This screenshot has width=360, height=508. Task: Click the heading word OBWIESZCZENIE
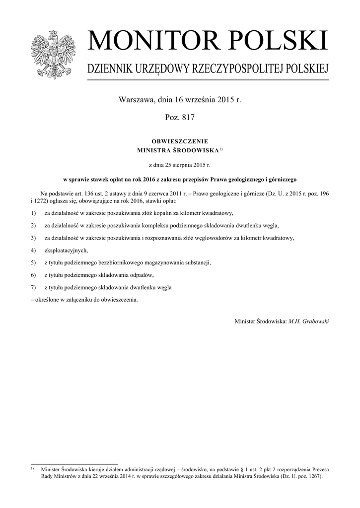[179, 141]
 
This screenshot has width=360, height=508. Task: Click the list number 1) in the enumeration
[33, 213]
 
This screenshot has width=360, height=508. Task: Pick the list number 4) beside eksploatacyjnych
[33, 250]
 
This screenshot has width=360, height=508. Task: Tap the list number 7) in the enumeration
[33, 287]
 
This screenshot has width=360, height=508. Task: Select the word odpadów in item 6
[141, 275]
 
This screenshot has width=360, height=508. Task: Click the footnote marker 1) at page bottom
[33, 468]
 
